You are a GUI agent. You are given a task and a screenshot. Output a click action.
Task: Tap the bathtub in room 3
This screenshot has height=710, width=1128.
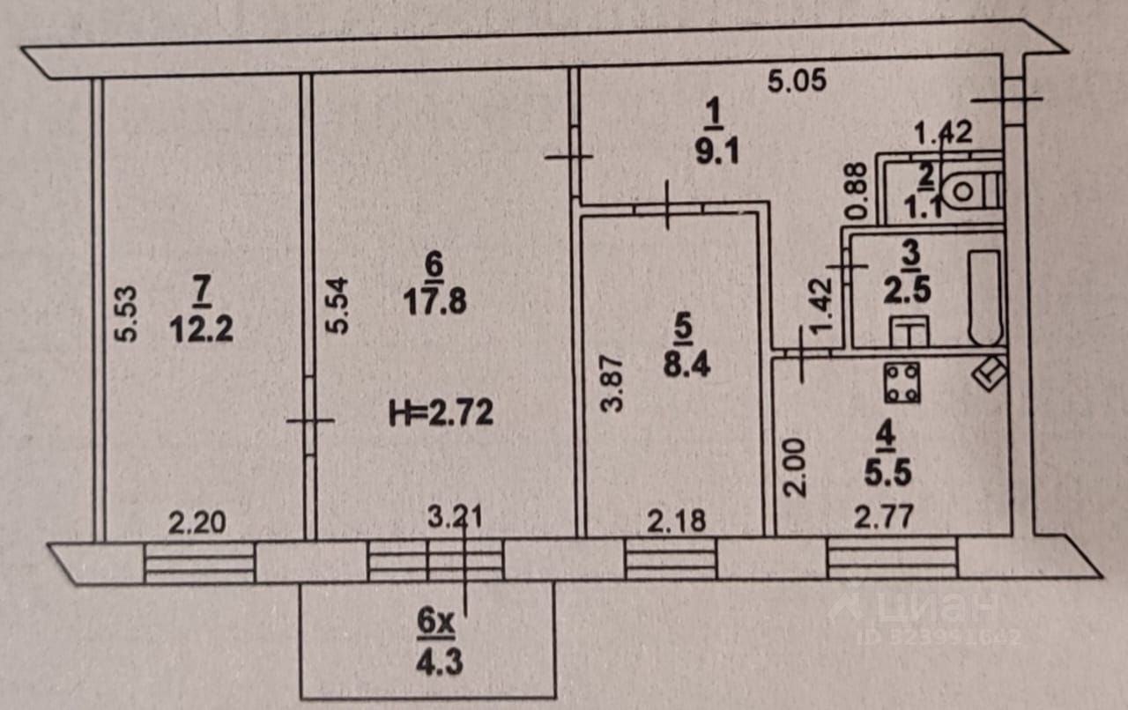(985, 297)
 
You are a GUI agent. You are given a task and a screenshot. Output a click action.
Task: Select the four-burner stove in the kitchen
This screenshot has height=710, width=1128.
(902, 382)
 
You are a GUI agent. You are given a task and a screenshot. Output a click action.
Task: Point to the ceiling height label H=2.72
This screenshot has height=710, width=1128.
(442, 411)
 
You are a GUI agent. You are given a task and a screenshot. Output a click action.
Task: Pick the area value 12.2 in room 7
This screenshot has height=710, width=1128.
(202, 330)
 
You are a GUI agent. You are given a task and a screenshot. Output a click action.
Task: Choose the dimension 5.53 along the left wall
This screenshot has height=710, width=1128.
(125, 313)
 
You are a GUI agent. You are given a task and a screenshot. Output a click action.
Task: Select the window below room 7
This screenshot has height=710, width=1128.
(199, 562)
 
